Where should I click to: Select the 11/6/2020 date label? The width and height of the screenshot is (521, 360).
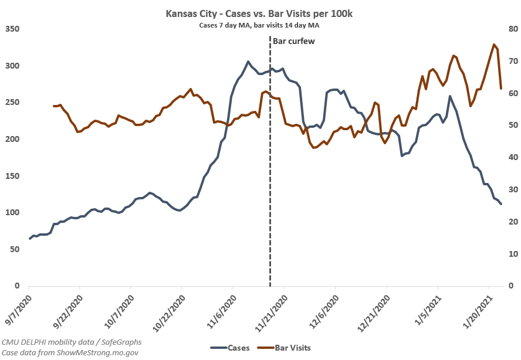221,309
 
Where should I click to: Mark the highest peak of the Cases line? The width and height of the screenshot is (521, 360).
248,62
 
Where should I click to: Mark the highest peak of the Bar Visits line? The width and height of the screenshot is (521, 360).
494,45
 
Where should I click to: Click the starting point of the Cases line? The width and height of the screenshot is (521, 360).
29,239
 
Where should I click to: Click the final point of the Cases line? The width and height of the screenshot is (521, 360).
501,204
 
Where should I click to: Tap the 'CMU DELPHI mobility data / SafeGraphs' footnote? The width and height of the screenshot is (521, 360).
72,342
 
